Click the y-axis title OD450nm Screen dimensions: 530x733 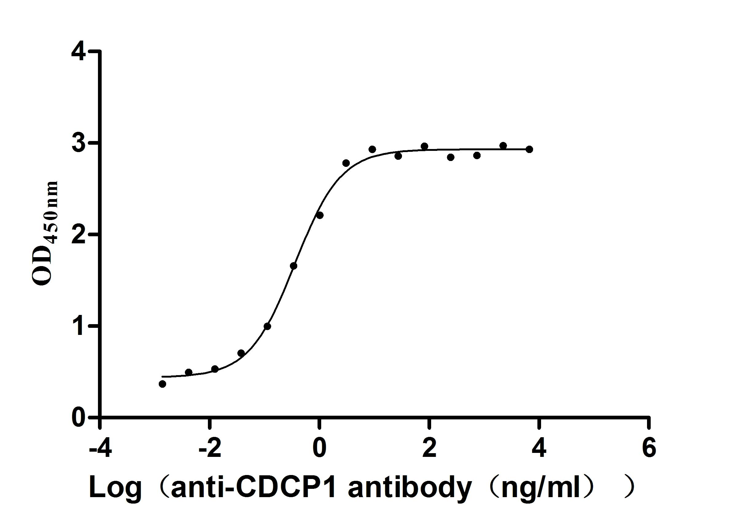click(x=45, y=233)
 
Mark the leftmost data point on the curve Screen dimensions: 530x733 click(x=162, y=384)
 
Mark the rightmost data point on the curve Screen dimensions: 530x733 click(x=529, y=149)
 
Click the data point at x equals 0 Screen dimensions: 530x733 click(x=320, y=215)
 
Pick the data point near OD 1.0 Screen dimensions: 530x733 click(x=267, y=326)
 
